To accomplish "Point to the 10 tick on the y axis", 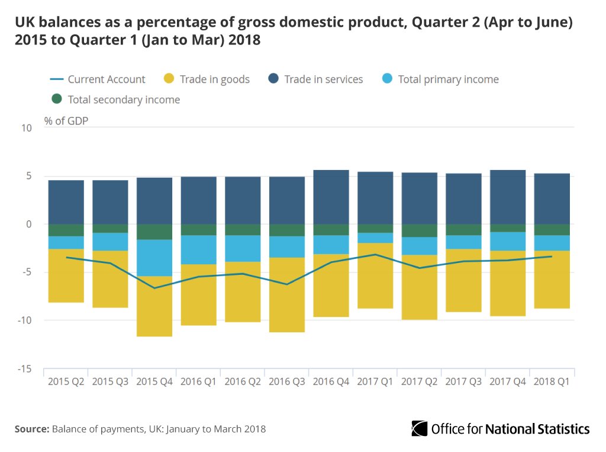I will (x=27, y=128).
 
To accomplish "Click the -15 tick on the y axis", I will (x=25, y=368).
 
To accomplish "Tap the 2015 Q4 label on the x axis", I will (x=154, y=382).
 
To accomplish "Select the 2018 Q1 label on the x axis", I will (x=552, y=382).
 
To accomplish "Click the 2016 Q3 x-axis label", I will (x=287, y=382).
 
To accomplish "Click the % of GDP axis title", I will (x=67, y=121).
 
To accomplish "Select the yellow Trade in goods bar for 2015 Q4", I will (x=154, y=306).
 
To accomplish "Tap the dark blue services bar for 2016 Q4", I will (x=331, y=197).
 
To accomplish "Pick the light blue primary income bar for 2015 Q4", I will (x=154, y=258).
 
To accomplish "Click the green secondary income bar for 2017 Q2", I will (x=420, y=230).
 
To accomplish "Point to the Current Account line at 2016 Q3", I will (x=287, y=284).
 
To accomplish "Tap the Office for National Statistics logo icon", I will (x=420, y=428).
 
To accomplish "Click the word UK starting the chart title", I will (x=25, y=23).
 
